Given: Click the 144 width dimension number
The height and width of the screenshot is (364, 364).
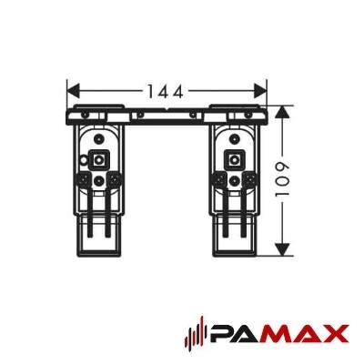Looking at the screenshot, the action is [166, 91].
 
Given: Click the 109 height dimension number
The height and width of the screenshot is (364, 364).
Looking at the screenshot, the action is [282, 180].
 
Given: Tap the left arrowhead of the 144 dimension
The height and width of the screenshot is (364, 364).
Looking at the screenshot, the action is [73, 91].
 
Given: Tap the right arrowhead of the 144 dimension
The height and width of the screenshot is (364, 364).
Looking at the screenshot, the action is [260, 91].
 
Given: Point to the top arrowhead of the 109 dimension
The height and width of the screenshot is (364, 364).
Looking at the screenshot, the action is [282, 112].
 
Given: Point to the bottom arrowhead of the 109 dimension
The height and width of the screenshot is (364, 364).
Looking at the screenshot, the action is [282, 248].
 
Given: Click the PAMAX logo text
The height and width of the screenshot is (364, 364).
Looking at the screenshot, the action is [279, 337].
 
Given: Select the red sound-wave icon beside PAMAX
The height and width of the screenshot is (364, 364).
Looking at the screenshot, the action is [197, 337].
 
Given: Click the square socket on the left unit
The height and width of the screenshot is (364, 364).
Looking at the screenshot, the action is [97, 158].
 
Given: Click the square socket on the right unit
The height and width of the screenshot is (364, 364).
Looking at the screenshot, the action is [234, 158].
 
